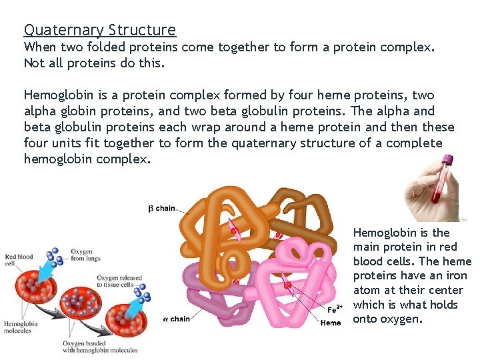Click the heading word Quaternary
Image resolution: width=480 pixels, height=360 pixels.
pyautogui.click(x=64, y=31)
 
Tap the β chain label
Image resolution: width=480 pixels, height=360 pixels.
pyautogui.click(x=161, y=208)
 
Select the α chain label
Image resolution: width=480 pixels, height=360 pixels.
pyautogui.click(x=175, y=319)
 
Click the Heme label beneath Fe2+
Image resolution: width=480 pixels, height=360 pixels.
pyautogui.click(x=331, y=323)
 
